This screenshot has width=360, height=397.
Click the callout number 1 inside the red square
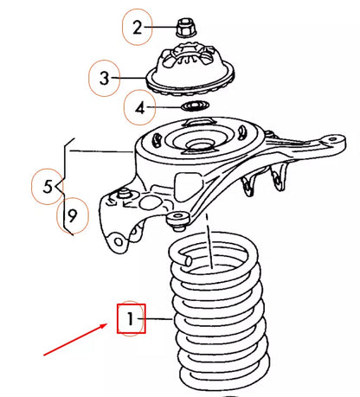130,320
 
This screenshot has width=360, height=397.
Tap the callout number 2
137,28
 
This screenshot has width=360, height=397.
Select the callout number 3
104,79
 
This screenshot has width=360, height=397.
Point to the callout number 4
135,108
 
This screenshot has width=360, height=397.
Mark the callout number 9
72,216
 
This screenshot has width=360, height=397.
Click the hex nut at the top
183,27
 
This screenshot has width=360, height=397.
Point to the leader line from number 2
161,28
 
